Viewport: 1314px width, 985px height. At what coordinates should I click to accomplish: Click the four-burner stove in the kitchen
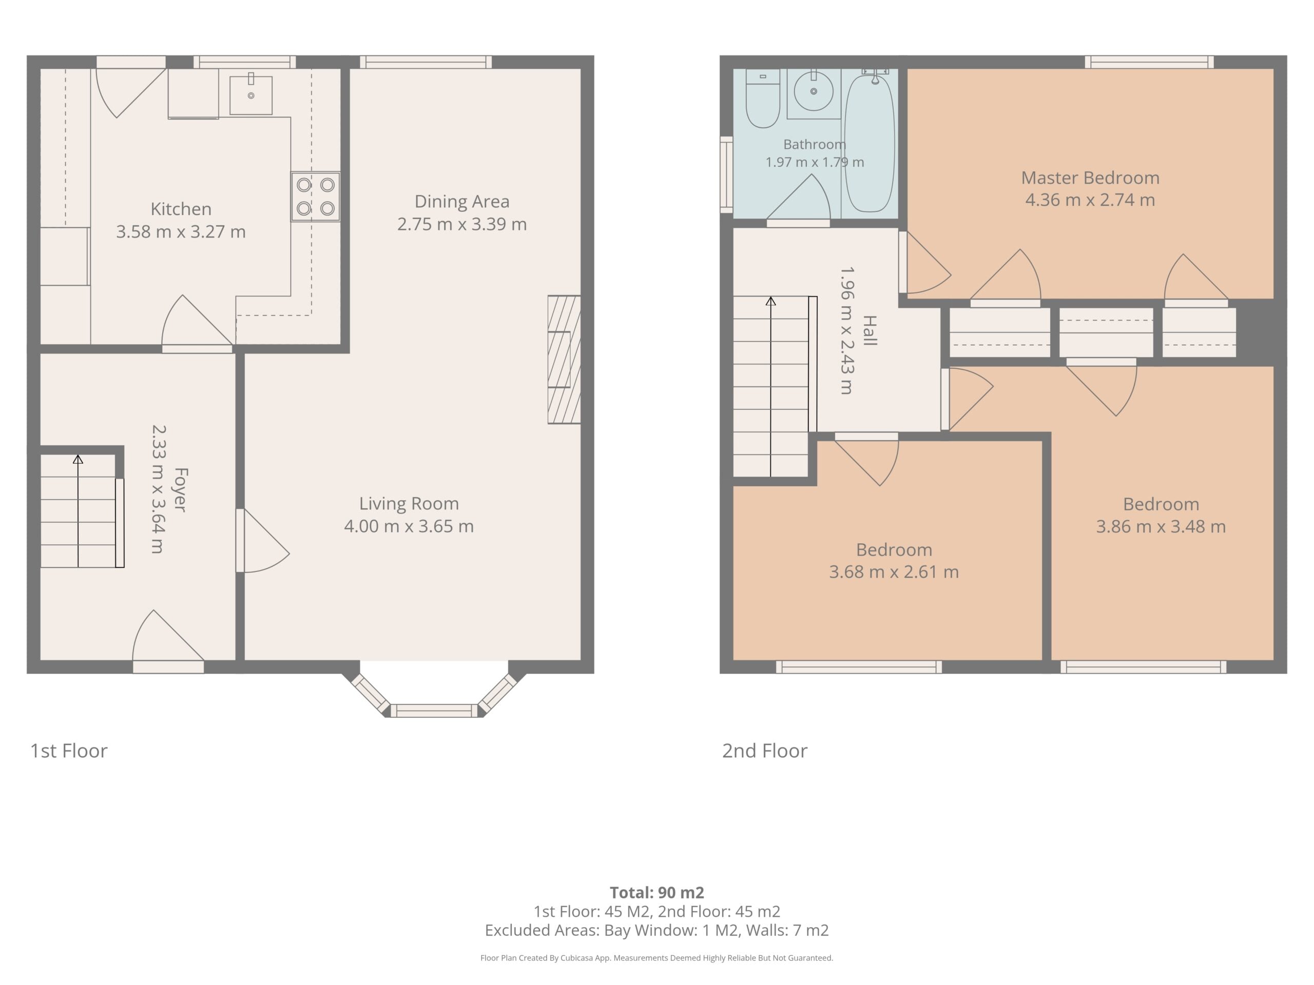tap(316, 196)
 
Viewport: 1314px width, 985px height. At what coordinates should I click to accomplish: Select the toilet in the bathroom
tap(763, 98)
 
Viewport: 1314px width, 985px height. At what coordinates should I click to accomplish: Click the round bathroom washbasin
tap(814, 91)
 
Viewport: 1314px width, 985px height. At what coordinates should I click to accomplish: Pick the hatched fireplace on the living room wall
tap(564, 359)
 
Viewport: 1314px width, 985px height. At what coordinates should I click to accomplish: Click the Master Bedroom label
tap(1090, 178)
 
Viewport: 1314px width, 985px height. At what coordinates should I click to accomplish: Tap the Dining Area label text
tap(461, 201)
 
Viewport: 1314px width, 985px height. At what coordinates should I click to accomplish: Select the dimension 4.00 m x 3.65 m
tap(409, 526)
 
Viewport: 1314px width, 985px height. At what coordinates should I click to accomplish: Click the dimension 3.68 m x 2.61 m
tap(894, 572)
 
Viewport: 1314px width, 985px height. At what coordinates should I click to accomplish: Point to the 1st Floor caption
tap(69, 751)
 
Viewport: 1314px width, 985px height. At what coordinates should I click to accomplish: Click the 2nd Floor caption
tap(764, 751)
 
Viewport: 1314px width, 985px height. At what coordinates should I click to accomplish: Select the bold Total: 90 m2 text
tap(657, 892)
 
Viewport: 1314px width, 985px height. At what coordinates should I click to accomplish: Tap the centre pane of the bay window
tap(434, 711)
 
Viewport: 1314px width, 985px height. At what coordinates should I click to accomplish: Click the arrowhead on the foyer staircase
tap(78, 459)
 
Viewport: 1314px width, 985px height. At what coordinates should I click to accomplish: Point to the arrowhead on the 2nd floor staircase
tap(770, 301)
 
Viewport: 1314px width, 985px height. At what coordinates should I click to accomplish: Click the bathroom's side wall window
tap(726, 174)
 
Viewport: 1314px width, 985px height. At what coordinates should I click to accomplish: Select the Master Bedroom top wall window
tap(1149, 62)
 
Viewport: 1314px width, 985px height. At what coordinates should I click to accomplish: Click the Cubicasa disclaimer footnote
tap(656, 958)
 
